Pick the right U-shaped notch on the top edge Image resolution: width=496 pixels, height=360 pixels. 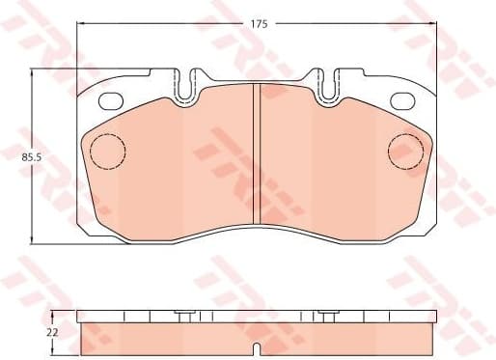(x=326, y=85)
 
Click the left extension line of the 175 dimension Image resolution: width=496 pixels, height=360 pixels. (x=77, y=48)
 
